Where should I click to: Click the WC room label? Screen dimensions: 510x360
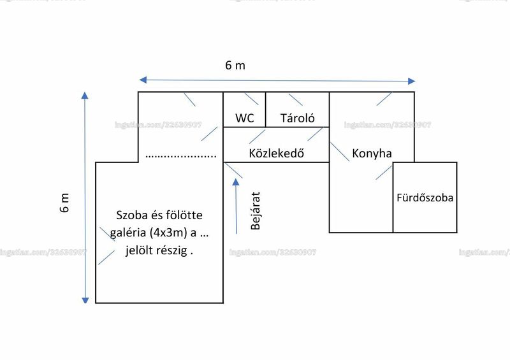click(x=245, y=118)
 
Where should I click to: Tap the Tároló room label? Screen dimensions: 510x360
click(x=297, y=118)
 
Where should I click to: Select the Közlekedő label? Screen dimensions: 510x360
click(x=277, y=153)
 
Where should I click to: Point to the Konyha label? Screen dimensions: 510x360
click(x=372, y=153)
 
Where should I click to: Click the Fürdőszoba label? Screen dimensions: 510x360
click(x=425, y=198)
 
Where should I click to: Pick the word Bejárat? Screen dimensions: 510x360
click(x=256, y=211)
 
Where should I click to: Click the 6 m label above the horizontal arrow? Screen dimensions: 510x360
click(x=235, y=66)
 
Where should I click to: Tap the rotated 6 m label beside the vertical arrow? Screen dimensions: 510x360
click(x=64, y=203)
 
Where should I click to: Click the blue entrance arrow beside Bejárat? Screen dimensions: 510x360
click(x=236, y=206)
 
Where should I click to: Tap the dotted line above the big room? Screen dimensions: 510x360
click(x=181, y=157)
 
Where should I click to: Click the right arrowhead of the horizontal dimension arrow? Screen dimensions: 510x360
click(x=411, y=81)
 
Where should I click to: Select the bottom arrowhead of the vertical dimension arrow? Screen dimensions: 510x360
click(x=85, y=300)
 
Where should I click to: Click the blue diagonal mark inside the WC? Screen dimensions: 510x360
click(x=252, y=99)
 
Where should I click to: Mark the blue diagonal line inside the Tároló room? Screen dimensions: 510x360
click(x=295, y=99)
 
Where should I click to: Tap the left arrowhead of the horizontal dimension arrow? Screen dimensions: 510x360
click(x=143, y=80)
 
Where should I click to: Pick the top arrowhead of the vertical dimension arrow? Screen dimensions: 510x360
click(x=85, y=96)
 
